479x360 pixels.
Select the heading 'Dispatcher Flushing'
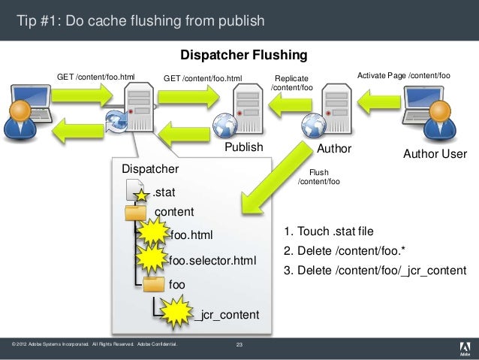243,56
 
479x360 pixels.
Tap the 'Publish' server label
244,147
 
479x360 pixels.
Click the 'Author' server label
334,149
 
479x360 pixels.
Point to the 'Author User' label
435,154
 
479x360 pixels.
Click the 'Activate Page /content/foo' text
403,76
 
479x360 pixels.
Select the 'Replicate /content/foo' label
291,83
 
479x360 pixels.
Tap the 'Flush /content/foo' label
319,177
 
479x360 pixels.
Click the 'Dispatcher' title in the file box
150,168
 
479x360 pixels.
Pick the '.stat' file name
164,193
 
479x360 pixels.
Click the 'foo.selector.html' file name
212,261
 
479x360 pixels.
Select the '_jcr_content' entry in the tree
226,314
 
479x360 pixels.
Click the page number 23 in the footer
239,345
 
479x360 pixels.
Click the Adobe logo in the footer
463,347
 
